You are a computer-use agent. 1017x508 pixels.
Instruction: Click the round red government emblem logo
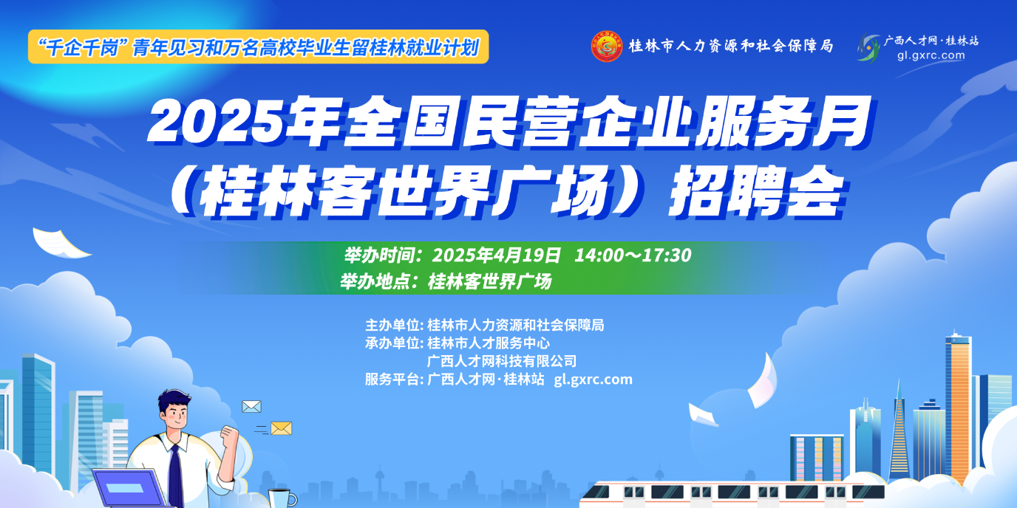coord(607,46)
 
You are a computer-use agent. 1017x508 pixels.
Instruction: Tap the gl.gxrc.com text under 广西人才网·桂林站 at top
coord(931,55)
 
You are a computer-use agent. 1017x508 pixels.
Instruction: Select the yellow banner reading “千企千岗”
coord(259,47)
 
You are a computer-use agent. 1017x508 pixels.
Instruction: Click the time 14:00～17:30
coord(633,255)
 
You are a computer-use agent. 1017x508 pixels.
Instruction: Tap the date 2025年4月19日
coord(496,255)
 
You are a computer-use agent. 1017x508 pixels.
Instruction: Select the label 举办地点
coord(375,281)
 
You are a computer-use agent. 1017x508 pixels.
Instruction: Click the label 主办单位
coord(392,325)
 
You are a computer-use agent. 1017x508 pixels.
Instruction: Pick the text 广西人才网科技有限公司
coord(502,362)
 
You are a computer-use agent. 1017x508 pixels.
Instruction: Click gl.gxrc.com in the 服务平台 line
coord(593,380)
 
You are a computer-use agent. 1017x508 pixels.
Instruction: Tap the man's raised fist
coord(230,434)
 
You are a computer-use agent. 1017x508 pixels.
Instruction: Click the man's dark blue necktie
coord(175,476)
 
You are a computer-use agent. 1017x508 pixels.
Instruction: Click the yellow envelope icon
coord(281,428)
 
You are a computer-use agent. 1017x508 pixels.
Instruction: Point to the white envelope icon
coord(251,406)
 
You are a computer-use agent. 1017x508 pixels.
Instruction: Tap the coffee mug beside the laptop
coord(282,498)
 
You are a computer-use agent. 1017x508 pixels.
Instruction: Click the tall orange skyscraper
coord(958,408)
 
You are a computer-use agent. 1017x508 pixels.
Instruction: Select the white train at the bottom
coord(732,495)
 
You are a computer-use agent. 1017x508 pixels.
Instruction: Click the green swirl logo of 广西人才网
coord(869,48)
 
